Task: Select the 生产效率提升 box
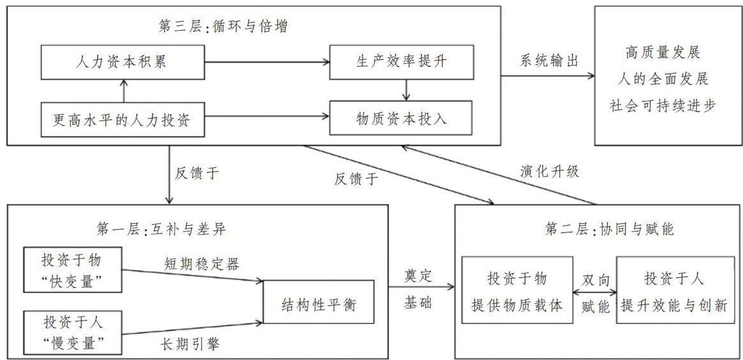point(402,62)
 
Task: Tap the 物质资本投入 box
point(402,118)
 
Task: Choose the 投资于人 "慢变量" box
point(71,333)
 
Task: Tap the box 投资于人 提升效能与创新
point(675,290)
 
